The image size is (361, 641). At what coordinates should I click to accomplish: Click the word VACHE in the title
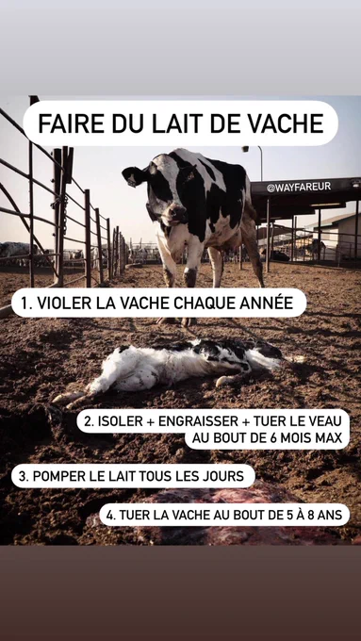(x=287, y=123)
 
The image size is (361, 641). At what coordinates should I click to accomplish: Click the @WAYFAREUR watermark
(x=299, y=188)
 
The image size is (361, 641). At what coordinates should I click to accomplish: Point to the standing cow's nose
(x=178, y=213)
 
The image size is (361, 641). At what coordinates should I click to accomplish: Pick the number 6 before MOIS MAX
(x=272, y=438)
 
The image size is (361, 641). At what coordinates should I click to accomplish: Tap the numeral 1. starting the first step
(x=26, y=303)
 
